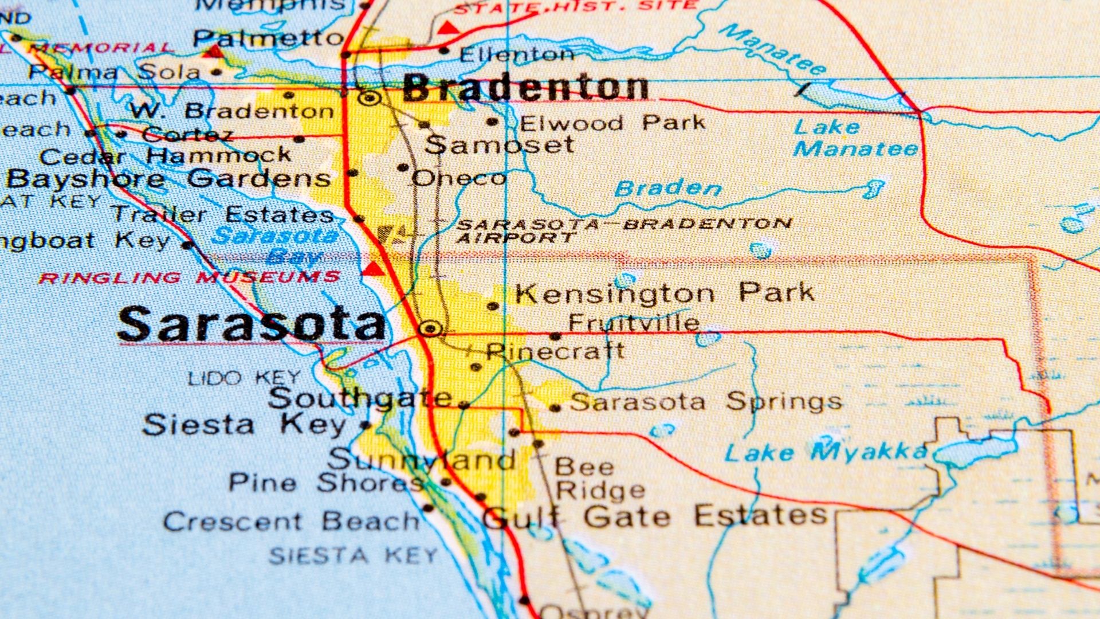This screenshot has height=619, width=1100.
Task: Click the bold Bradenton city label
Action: tap(525, 88)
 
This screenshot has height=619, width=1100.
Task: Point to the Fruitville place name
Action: tap(634, 323)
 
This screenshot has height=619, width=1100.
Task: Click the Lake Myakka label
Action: tap(825, 452)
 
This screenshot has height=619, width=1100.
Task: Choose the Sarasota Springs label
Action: tap(706, 402)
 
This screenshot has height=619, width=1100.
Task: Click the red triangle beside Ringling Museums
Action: tap(373, 269)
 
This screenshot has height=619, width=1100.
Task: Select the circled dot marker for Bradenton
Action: tap(370, 98)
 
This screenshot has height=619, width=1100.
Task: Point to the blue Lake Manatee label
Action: tap(855, 138)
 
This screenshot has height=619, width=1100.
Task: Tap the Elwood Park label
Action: tap(612, 123)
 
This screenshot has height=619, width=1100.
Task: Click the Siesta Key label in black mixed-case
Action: tap(244, 425)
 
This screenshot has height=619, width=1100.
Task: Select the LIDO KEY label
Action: tap(244, 378)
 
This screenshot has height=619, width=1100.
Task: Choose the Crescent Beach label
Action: tap(292, 522)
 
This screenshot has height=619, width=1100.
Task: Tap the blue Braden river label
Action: tap(668, 189)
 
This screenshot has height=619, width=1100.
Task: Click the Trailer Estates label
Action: tap(223, 215)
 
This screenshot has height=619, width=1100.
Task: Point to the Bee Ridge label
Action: tap(599, 479)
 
